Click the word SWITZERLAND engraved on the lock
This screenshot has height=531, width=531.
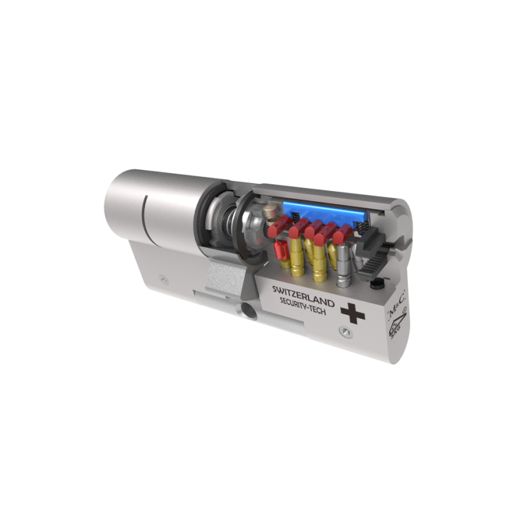tap(303, 297)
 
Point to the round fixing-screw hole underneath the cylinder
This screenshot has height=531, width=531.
tap(248, 310)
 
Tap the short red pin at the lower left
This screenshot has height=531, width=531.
tap(280, 252)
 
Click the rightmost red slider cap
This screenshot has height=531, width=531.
tap(342, 236)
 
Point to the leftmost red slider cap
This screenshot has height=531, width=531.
tap(279, 227)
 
